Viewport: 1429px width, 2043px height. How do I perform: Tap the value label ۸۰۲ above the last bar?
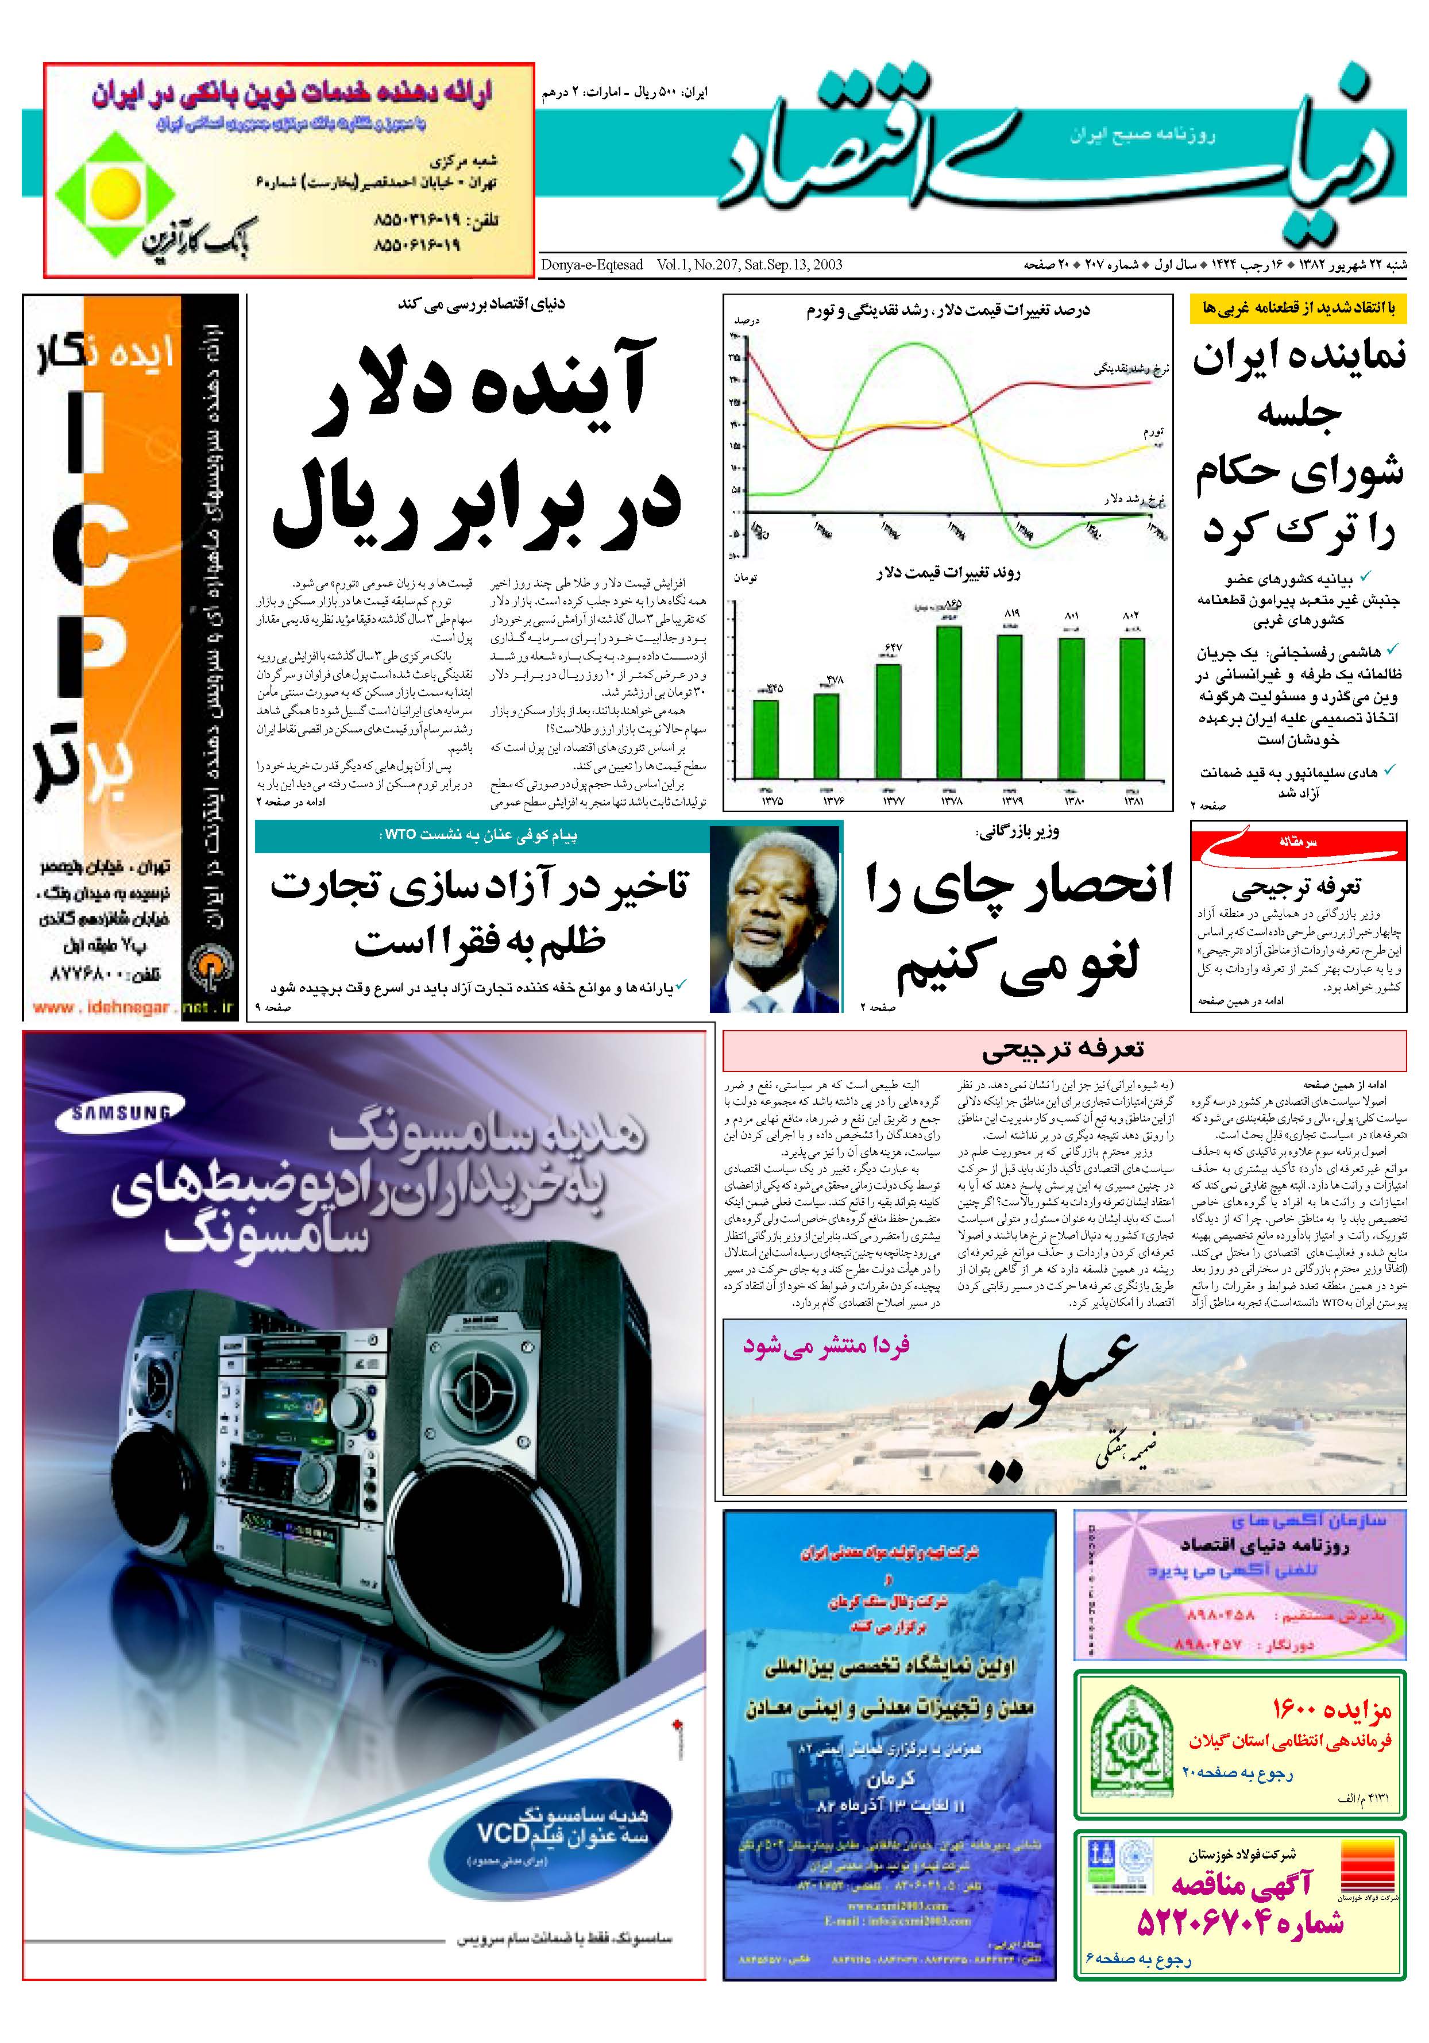(x=1131, y=615)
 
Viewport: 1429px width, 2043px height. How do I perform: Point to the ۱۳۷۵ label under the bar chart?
(x=771, y=801)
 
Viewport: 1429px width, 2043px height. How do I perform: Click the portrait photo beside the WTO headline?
(x=775, y=918)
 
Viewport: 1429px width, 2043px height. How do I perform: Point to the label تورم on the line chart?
(x=1153, y=431)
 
